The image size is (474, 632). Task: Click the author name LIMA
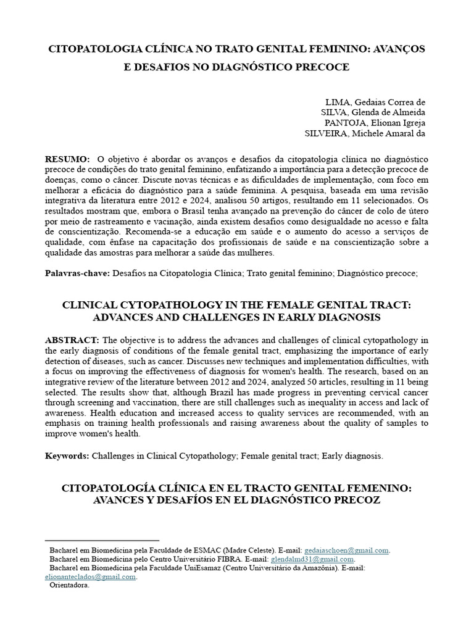336,102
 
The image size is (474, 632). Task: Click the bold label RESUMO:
68,159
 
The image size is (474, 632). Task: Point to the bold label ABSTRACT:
72,341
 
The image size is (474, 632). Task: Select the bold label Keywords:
67,456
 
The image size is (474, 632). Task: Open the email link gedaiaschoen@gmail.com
347,551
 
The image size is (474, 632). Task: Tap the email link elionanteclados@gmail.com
91,576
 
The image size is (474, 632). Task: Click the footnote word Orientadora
69,585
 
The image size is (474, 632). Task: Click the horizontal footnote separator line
102,541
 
